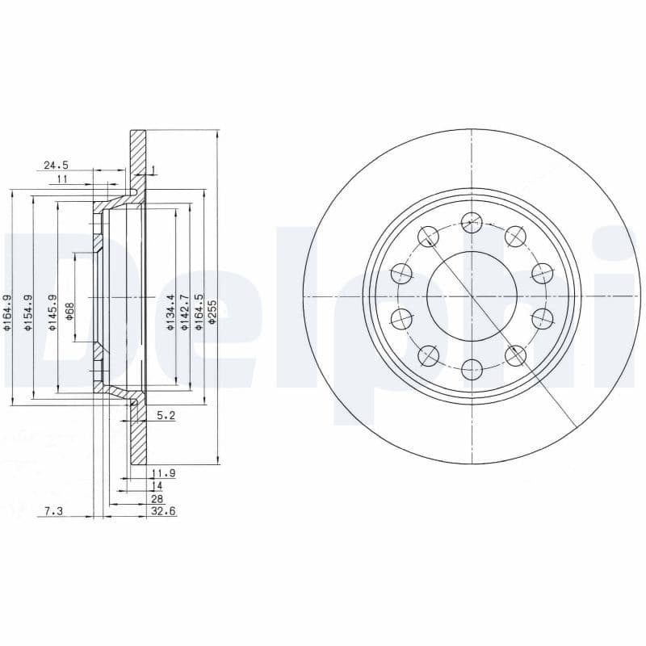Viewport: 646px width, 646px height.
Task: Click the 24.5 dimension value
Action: coord(56,166)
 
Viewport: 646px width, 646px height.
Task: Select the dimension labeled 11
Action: coord(62,179)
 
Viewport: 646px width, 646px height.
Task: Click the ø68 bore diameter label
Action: coord(69,311)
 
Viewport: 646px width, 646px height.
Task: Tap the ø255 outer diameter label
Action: coord(213,312)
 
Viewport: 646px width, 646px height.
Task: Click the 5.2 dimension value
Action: coord(165,416)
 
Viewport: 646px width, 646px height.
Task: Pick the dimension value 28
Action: coord(157,499)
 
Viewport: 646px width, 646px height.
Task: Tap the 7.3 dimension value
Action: coord(53,511)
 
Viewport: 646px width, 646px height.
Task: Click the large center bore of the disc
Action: coord(471,297)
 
